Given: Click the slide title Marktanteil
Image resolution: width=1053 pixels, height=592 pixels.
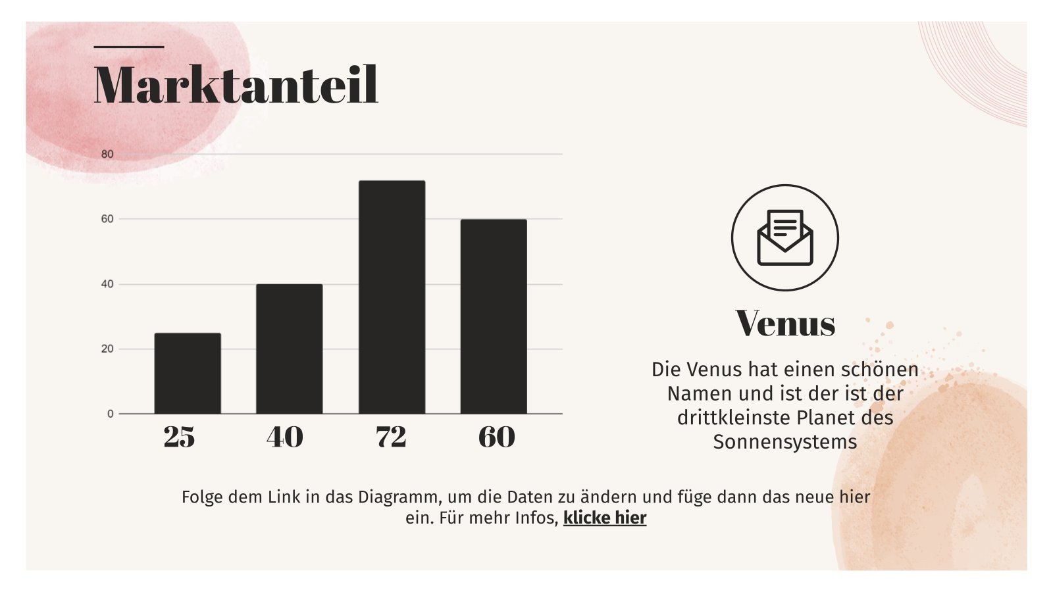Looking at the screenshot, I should tap(236, 85).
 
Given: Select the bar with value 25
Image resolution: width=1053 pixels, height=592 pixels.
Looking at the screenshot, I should tap(188, 373).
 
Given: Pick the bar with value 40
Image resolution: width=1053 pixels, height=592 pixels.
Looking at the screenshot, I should tap(289, 349).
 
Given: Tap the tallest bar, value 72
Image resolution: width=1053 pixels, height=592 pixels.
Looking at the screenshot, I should tap(392, 297).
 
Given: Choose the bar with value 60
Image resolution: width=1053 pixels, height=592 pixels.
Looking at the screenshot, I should tap(494, 316).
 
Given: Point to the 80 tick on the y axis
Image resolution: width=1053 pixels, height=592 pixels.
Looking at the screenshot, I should tap(107, 154).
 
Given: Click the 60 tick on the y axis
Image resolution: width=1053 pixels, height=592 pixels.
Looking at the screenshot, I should tap(107, 219).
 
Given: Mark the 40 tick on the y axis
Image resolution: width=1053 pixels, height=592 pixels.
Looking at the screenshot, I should tap(107, 284).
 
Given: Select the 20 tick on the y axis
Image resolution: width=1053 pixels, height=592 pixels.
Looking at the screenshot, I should tap(107, 349).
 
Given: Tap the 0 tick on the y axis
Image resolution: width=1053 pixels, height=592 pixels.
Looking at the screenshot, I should tap(110, 414).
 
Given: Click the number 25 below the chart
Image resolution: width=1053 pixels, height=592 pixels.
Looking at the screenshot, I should tap(179, 437).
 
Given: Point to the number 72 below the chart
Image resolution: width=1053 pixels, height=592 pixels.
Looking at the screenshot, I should tap(391, 437).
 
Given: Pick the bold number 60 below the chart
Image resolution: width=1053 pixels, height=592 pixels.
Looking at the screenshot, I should tap(496, 437).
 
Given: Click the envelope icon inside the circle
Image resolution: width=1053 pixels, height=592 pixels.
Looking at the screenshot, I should tap(784, 237).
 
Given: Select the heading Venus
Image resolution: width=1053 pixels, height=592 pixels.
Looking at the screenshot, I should tap(785, 323).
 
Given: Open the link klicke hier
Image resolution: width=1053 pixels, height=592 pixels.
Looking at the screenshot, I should tap(605, 518).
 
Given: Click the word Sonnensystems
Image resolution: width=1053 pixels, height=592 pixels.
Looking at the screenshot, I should tap(785, 441).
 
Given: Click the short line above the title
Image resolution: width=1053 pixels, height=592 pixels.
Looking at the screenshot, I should tap(129, 47).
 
